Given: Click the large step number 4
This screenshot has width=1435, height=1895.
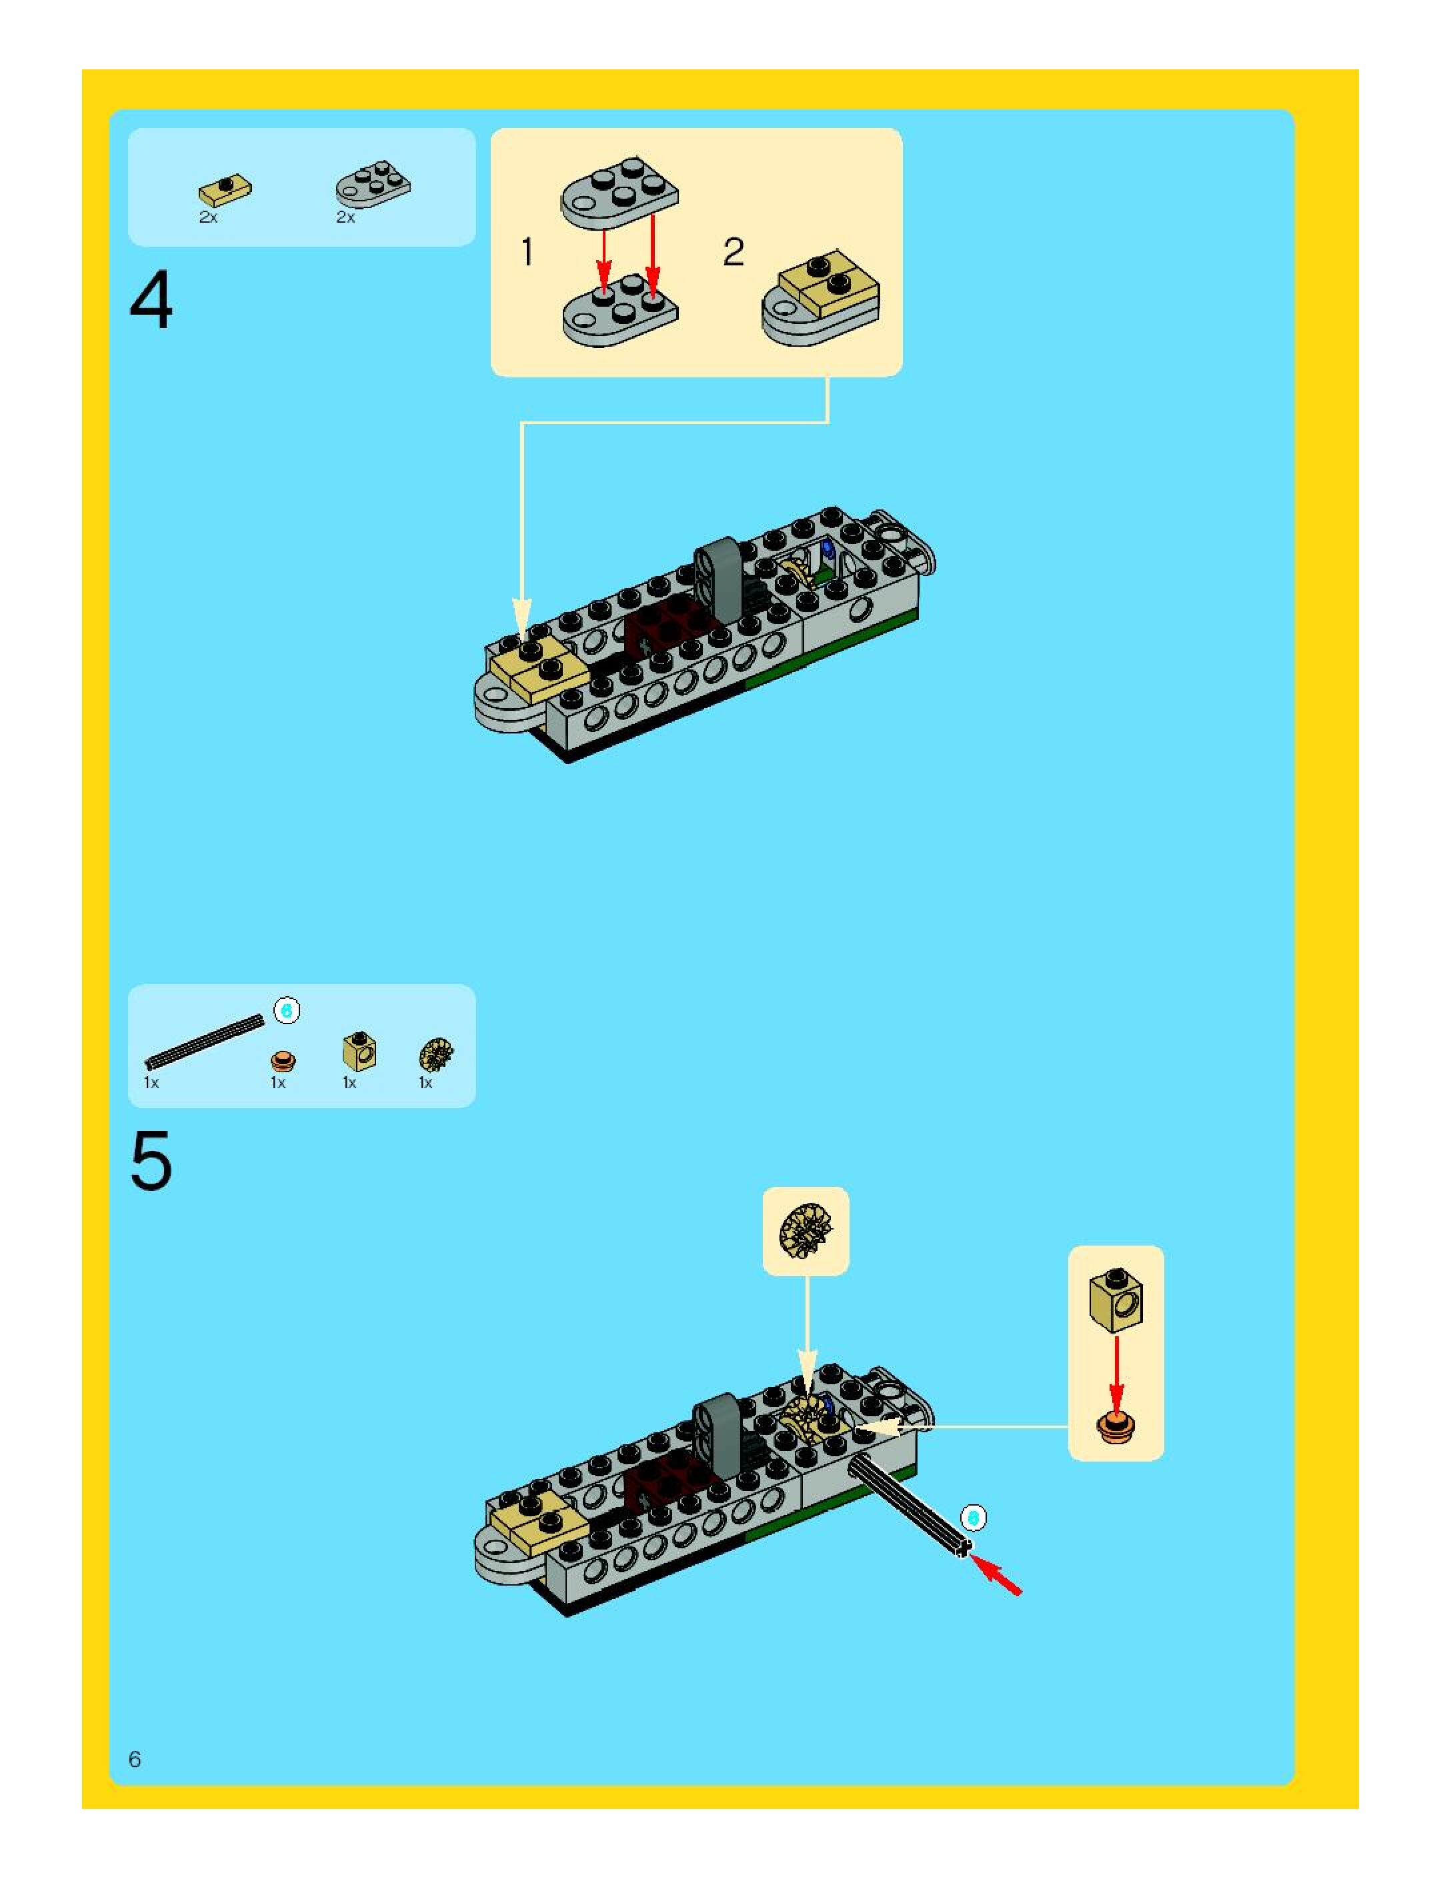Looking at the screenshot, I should click(x=151, y=300).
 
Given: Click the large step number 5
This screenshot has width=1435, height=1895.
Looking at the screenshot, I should click(x=151, y=1162).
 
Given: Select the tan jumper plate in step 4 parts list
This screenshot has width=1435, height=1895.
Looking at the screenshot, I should click(x=225, y=190).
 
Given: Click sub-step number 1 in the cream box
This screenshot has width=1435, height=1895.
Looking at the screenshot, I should click(x=527, y=252).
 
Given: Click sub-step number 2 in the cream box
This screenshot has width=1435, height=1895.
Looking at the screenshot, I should click(x=734, y=252).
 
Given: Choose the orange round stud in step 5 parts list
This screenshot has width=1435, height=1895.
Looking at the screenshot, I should click(x=283, y=1062).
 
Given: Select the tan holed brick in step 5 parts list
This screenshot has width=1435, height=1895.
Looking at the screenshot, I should click(x=359, y=1052).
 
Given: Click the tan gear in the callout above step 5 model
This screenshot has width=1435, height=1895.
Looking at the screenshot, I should click(x=806, y=1230).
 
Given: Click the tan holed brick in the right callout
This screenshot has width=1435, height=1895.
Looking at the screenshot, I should click(x=1116, y=1300).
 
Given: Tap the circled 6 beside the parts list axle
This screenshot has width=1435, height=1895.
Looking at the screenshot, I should click(x=287, y=1011).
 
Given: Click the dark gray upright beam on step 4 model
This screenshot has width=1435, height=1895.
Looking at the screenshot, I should click(x=718, y=578).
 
